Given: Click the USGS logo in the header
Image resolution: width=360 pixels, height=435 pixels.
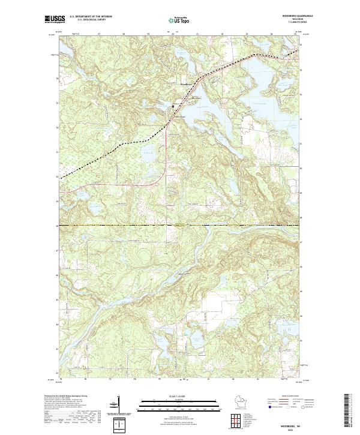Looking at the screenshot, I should coord(54,20).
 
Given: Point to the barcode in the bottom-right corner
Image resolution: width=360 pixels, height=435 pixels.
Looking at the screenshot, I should coord(350,411).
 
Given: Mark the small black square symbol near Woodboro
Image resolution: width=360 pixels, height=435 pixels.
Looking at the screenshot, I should coord(174,106).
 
